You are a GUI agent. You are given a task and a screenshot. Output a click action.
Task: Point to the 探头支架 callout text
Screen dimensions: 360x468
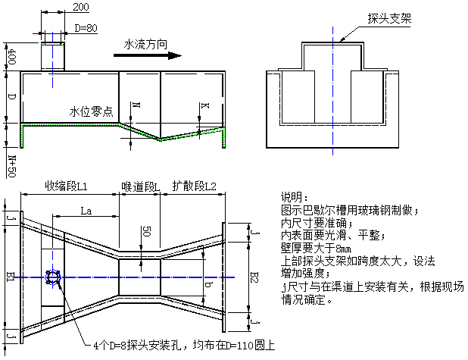click(389, 18)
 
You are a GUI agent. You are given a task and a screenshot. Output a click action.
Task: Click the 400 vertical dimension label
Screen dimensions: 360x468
click(10, 57)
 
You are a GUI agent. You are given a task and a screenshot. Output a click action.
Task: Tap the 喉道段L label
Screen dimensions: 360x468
click(140, 186)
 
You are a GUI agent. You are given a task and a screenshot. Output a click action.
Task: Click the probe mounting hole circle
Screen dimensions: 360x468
click(55, 278)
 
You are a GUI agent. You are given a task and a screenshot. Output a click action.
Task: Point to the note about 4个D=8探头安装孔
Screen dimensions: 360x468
click(183, 345)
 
